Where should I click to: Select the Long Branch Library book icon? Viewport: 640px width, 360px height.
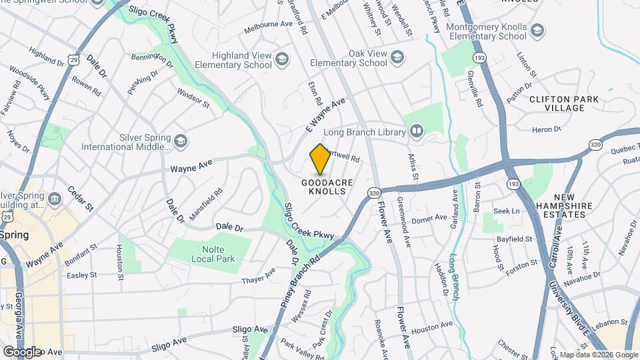pos(417,131)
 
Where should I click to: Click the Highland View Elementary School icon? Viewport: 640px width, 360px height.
pos(282,60)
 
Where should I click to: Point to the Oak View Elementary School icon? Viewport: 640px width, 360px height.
pos(398,57)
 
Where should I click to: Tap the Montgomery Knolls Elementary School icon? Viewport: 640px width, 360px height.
pos(537,31)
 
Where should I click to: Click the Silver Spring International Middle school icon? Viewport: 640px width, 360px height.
pos(180,141)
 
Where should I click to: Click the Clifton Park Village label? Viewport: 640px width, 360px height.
pos(564,103)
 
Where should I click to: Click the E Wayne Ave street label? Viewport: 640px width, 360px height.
pos(325,114)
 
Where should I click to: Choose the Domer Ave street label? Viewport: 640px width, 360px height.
pos(429,218)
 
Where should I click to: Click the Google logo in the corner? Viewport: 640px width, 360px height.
pos(21,351)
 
